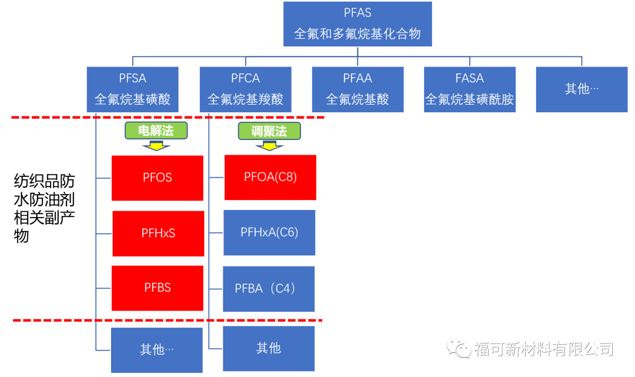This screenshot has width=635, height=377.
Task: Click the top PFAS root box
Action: pyautogui.click(x=357, y=24)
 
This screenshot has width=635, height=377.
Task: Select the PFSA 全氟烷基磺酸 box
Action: pyautogui.click(x=132, y=89)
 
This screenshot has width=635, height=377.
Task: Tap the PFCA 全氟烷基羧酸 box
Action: pyautogui.click(x=245, y=89)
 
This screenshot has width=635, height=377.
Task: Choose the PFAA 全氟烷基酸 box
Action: pyautogui.click(x=357, y=89)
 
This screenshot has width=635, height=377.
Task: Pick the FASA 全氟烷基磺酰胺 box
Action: pyautogui.click(x=470, y=89)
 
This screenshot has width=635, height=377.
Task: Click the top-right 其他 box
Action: pyautogui.click(x=581, y=89)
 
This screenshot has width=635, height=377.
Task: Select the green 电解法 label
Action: pyautogui.click(x=156, y=131)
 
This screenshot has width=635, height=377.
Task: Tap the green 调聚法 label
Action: pyautogui.click(x=269, y=131)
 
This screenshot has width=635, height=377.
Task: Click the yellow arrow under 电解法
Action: pyautogui.click(x=156, y=145)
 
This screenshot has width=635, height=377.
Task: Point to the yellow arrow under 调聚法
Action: pyautogui.click(x=269, y=145)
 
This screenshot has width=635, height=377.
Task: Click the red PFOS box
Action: pyautogui.click(x=158, y=178)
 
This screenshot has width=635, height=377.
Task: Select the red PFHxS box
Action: pyautogui.click(x=158, y=233)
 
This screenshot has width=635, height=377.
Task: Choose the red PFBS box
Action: pyautogui.click(x=158, y=288)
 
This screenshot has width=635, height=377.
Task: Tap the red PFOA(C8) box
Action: pyautogui.click(x=270, y=177)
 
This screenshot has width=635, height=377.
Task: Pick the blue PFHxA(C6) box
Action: pyautogui.click(x=269, y=233)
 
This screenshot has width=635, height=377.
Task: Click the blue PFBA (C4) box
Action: pyautogui.click(x=268, y=289)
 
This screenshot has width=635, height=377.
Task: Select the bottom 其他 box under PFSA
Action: pyautogui.click(x=157, y=350)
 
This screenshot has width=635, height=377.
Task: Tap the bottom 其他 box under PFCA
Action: pyautogui.click(x=269, y=349)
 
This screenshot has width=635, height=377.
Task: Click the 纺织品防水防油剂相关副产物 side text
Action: pyautogui.click(x=44, y=209)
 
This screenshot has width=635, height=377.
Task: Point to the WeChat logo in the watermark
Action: pyautogui.click(x=459, y=349)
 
